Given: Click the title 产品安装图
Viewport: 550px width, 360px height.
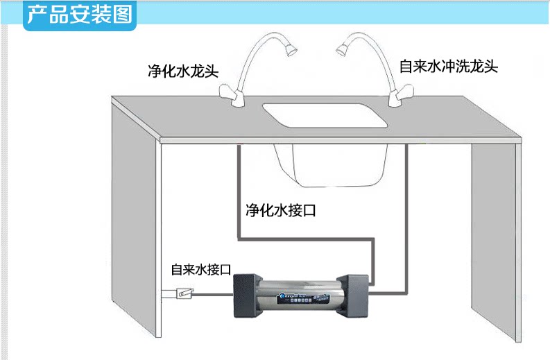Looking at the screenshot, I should (79, 15).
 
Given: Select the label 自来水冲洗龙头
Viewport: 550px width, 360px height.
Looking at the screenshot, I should (449, 67).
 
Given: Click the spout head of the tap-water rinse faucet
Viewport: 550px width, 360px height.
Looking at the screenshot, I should (341, 49).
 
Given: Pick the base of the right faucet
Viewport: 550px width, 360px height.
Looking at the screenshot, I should (397, 100).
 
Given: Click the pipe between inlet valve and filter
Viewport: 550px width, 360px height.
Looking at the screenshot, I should (212, 295).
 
